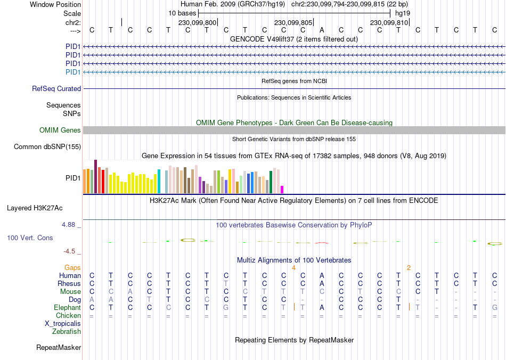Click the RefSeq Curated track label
coord(56,89)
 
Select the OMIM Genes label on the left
coord(60,130)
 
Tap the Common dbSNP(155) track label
coord(47,146)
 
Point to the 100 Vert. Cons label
coord(30,238)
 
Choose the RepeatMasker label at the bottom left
coord(59,348)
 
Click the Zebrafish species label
coord(67,332)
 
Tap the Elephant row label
coord(67,308)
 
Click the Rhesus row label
coord(69,283)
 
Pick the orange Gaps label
coord(72,267)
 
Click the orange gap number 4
coord(293,267)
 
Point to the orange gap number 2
coord(409,267)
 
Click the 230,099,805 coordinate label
coord(293,23)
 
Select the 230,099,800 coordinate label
coord(198,23)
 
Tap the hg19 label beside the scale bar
coord(402,12)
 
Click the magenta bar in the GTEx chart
coord(282,189)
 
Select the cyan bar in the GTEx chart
coord(159,182)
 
